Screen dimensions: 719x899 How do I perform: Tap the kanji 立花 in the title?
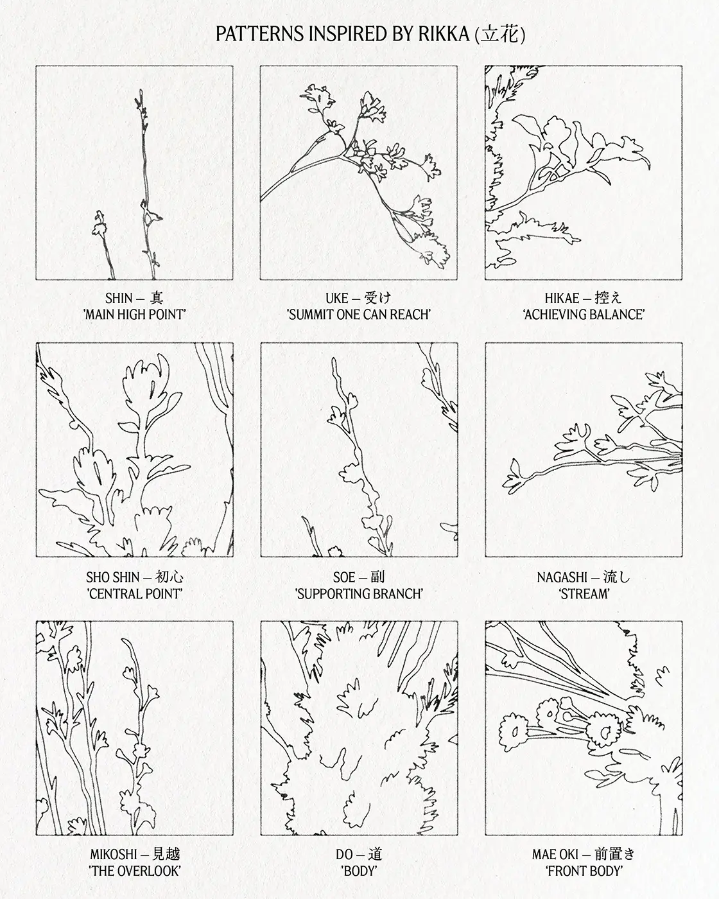tap(499, 34)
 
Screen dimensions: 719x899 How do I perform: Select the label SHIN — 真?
tap(134, 298)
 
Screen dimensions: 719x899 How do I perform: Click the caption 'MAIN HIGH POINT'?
tap(135, 314)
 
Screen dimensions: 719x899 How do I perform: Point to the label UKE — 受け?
tap(358, 298)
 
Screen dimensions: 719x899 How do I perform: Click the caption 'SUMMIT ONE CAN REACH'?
tap(358, 314)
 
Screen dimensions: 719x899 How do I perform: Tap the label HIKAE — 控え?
tap(583, 298)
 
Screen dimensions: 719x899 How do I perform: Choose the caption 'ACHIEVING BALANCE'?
tap(584, 314)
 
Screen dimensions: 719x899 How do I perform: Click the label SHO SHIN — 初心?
tap(135, 577)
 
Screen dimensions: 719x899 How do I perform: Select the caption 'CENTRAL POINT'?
tap(135, 593)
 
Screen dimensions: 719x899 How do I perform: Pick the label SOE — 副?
tap(358, 577)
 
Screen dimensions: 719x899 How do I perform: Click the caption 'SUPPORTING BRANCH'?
tap(359, 593)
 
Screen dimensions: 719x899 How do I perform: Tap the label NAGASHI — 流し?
tap(583, 577)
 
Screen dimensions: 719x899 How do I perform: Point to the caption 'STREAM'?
tap(584, 593)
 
